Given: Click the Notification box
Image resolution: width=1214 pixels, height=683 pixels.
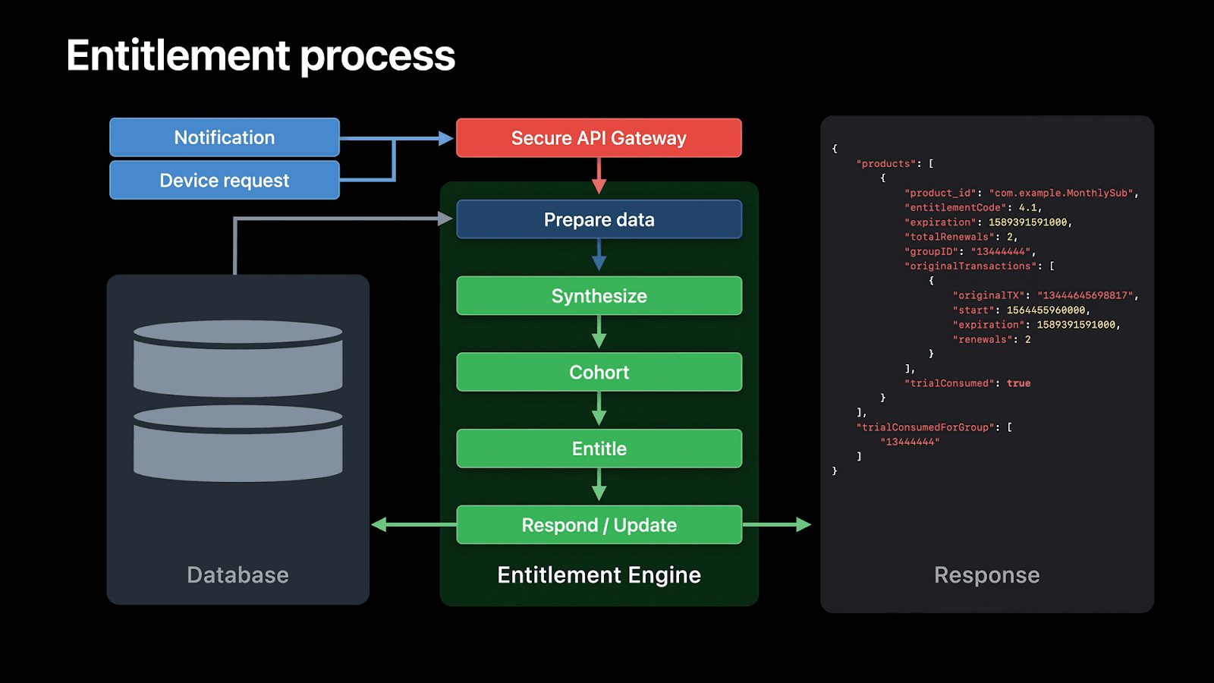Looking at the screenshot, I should point(225,137).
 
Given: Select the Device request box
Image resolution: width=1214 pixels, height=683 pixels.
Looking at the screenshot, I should point(225,181).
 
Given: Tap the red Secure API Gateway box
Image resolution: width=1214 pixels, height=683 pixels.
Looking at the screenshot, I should point(599,138).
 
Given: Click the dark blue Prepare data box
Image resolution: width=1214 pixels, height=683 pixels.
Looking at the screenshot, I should point(599,219).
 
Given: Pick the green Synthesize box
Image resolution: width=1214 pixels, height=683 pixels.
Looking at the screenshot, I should point(599,296).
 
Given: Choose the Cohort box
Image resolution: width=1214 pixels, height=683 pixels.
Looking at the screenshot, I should point(599,372).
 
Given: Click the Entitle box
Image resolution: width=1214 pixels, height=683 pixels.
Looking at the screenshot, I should point(599,449).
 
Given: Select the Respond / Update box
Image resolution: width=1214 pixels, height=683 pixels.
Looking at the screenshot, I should point(599,525).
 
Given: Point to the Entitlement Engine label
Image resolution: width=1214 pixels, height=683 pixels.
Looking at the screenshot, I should point(599,575).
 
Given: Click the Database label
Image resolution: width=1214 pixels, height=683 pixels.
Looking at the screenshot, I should point(237,575).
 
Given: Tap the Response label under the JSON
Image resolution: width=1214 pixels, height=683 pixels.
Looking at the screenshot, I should point(986,575).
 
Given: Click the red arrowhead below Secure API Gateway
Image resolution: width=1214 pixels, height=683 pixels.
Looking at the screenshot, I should point(599,187).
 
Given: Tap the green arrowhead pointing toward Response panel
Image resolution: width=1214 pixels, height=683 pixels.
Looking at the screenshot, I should point(804,524).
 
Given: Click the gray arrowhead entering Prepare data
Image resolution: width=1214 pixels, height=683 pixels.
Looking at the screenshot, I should point(445,219).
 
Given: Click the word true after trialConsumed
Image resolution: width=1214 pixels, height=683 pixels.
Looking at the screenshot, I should point(1018,383).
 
